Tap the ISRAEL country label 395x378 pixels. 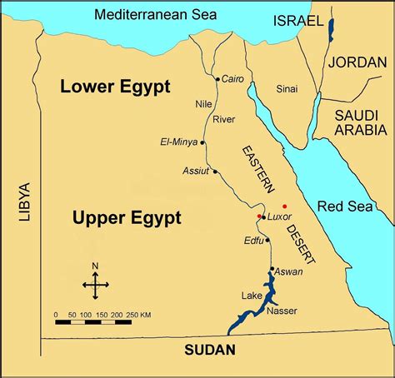[297, 20]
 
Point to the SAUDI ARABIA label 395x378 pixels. [360, 122]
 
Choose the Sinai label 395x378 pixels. [287, 87]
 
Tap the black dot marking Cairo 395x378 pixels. [217, 80]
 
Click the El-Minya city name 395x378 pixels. [178, 142]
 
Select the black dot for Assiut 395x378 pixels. [215, 172]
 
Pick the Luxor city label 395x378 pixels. [280, 216]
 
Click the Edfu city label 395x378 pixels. [252, 241]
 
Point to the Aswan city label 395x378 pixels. [288, 271]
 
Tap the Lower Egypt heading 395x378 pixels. [114, 87]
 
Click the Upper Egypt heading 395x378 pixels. [127, 218]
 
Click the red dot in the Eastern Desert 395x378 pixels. [285, 205]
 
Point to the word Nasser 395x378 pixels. [282, 311]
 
